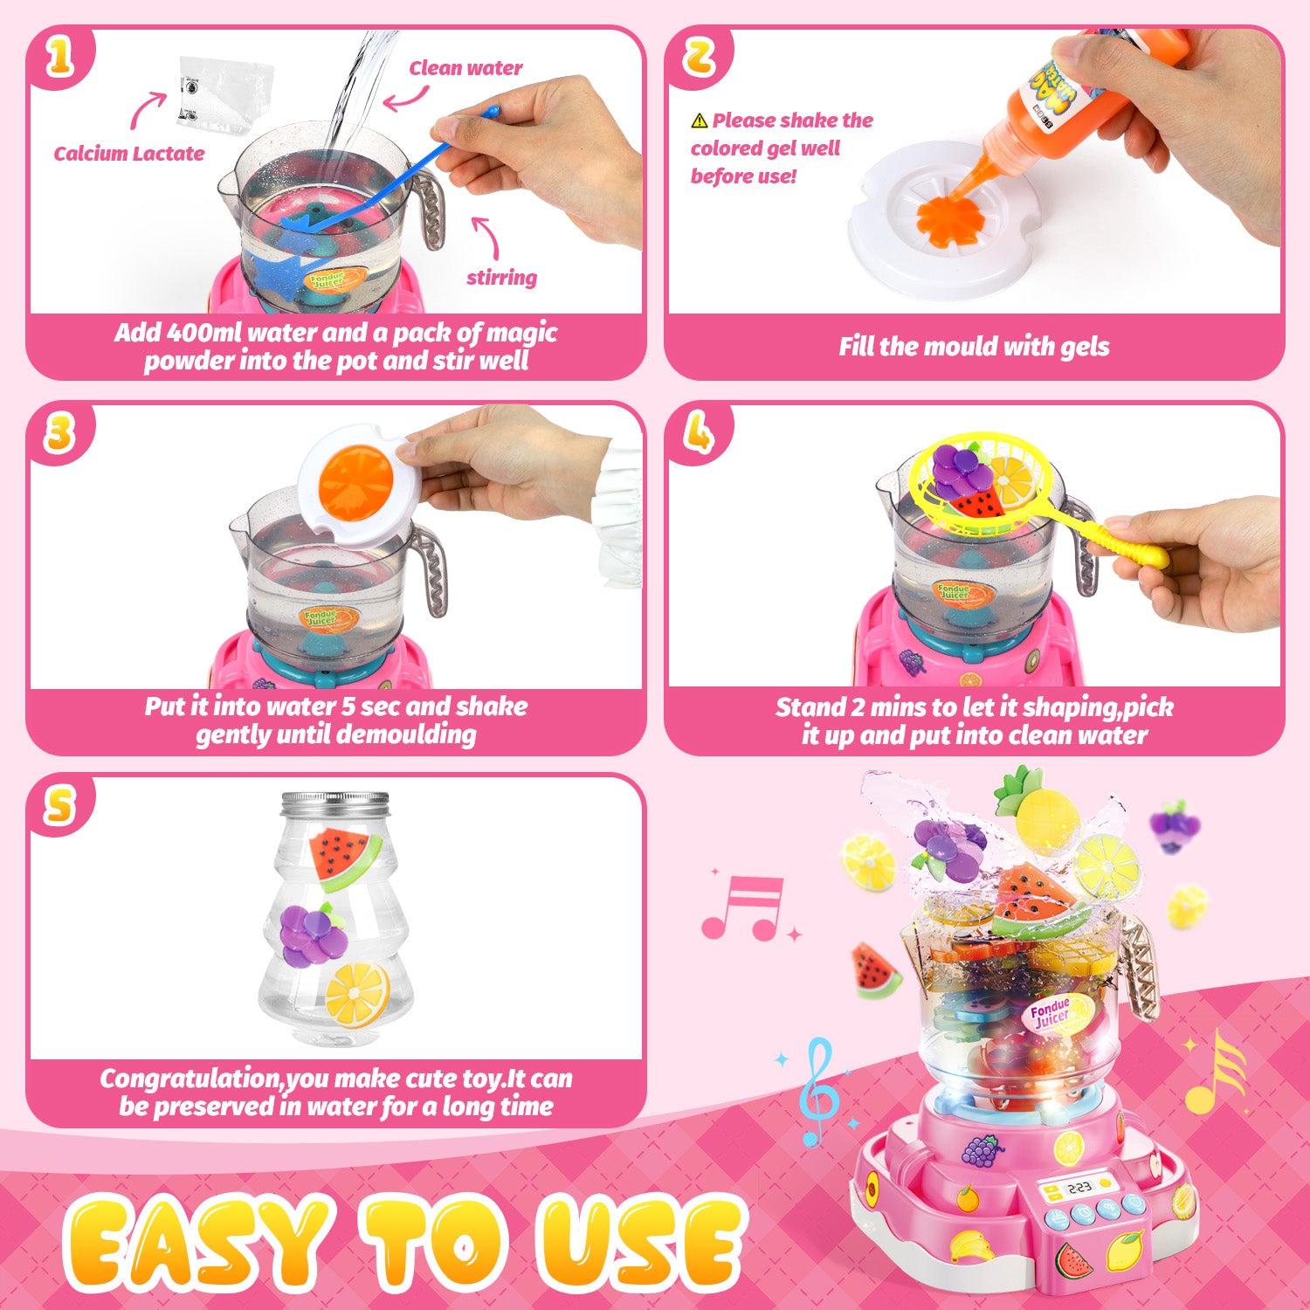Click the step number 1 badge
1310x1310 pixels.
click(59, 58)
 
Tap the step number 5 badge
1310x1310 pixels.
click(59, 805)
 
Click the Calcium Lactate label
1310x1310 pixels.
click(129, 154)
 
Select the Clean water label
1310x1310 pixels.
click(465, 68)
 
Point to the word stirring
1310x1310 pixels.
click(501, 278)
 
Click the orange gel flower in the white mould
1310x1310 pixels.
click(947, 215)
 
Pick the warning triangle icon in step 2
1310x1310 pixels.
click(700, 121)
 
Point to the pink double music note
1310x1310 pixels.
click(744, 908)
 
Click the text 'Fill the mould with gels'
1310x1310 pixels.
click(974, 348)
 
